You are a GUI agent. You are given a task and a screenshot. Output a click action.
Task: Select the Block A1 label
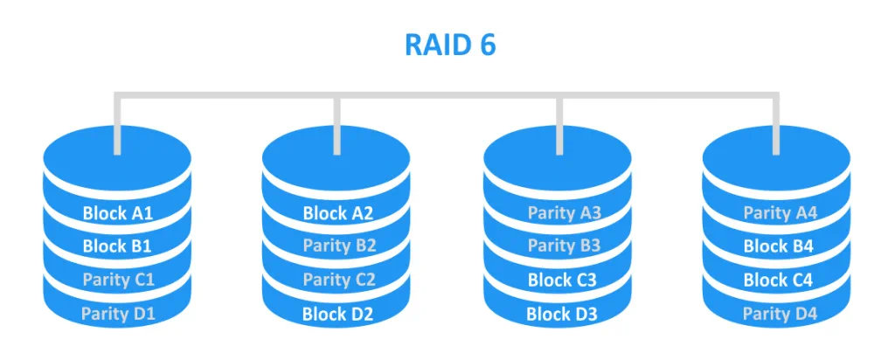pyautogui.click(x=117, y=212)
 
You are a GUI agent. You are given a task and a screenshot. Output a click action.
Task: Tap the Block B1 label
pyautogui.click(x=117, y=246)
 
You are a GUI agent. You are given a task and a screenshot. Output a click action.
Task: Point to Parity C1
pyautogui.click(x=118, y=280)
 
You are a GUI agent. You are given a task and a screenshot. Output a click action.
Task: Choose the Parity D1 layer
pyautogui.click(x=118, y=313)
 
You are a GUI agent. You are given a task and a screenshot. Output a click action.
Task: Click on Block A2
pyautogui.click(x=337, y=212)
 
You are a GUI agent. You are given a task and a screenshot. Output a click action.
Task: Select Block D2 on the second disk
pyautogui.click(x=338, y=313)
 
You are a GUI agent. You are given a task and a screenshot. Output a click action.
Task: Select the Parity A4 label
pyautogui.click(x=779, y=212)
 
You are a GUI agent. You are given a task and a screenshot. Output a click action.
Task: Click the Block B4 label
pyautogui.click(x=778, y=246)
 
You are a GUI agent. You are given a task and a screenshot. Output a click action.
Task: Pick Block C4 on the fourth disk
pyautogui.click(x=778, y=280)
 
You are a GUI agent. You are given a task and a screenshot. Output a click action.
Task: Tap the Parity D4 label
pyautogui.click(x=779, y=313)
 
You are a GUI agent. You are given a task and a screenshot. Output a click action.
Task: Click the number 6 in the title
pyautogui.click(x=486, y=45)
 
